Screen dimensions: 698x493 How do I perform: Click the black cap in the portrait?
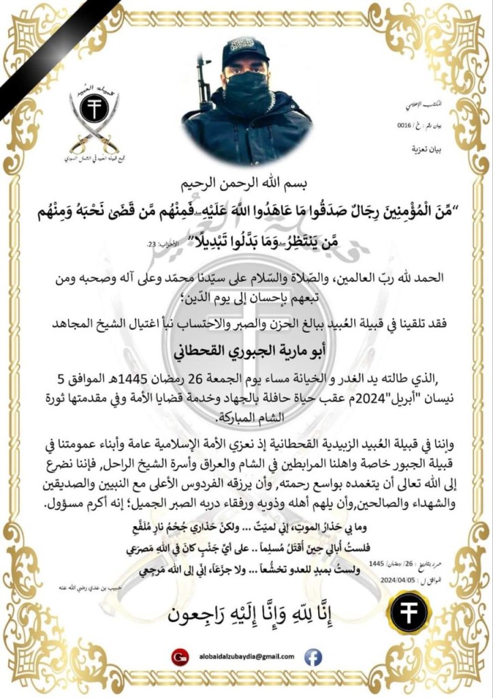[246, 52]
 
